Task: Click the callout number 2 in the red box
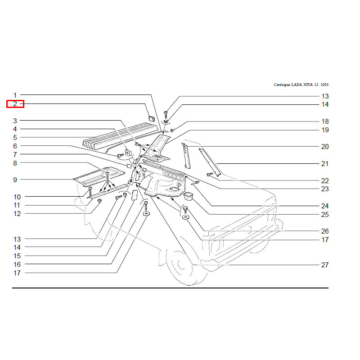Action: pyautogui.click(x=15, y=104)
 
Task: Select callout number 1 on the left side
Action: pyautogui.click(x=15, y=95)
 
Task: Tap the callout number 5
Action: pyautogui.click(x=15, y=138)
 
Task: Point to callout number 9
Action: pyautogui.click(x=15, y=180)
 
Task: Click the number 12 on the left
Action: pyautogui.click(x=17, y=214)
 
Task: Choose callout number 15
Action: pyautogui.click(x=17, y=256)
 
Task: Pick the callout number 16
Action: pyautogui.click(x=17, y=265)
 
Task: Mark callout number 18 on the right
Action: pyautogui.click(x=325, y=121)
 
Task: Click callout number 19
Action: pyautogui.click(x=325, y=130)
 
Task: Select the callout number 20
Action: pyautogui.click(x=325, y=147)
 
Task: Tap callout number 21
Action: pyautogui.click(x=325, y=164)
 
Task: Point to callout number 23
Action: pyautogui.click(x=325, y=189)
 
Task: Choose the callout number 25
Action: pyautogui.click(x=325, y=215)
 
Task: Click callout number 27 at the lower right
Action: pyautogui.click(x=325, y=265)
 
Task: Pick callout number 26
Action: pyautogui.click(x=325, y=231)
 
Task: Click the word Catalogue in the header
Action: pyautogui.click(x=282, y=85)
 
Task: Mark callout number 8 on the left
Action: pyautogui.click(x=15, y=163)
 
